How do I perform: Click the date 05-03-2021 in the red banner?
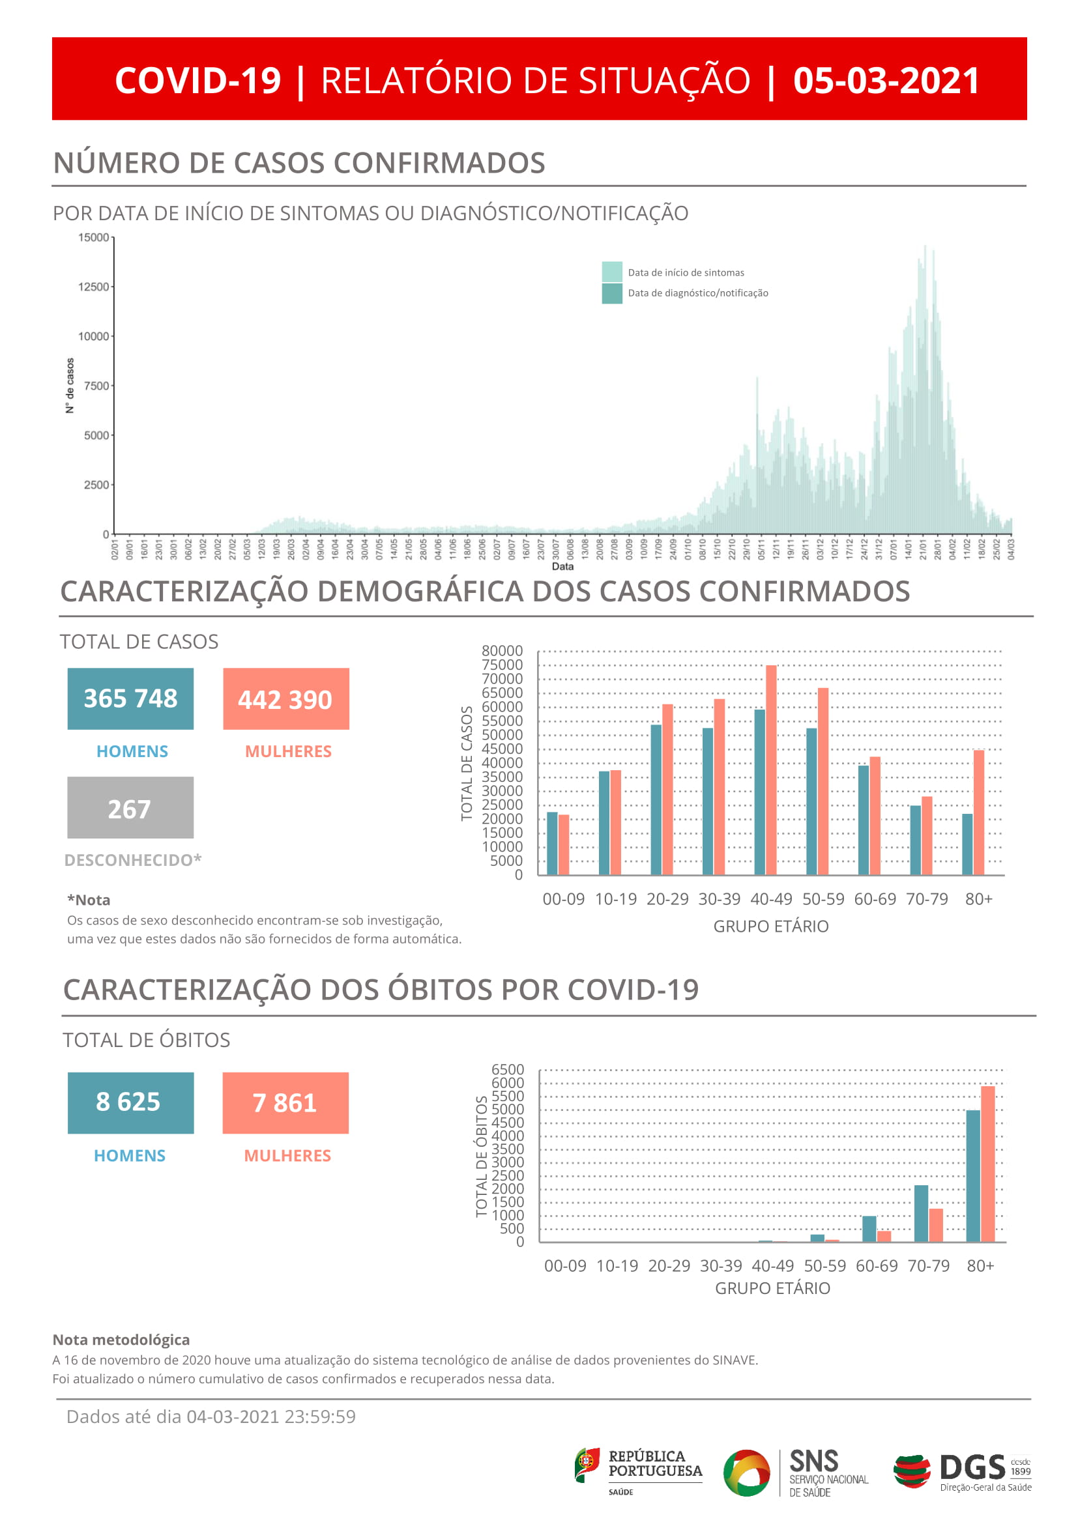click(x=886, y=80)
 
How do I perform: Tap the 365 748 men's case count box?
click(x=130, y=698)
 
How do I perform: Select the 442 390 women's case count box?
click(x=285, y=699)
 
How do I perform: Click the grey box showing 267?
click(x=130, y=807)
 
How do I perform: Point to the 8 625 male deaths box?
click(x=130, y=1102)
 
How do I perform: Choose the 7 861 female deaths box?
click(x=285, y=1102)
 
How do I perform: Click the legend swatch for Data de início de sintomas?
click(x=611, y=272)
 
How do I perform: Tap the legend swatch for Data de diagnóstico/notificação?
click(x=611, y=293)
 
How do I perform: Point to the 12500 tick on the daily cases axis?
click(x=93, y=287)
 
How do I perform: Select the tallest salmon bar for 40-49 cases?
click(x=770, y=770)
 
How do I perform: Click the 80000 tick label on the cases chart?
click(x=502, y=650)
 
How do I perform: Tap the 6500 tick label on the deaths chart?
click(x=507, y=1069)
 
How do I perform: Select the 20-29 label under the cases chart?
click(x=667, y=899)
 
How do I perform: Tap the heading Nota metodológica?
click(x=121, y=1340)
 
